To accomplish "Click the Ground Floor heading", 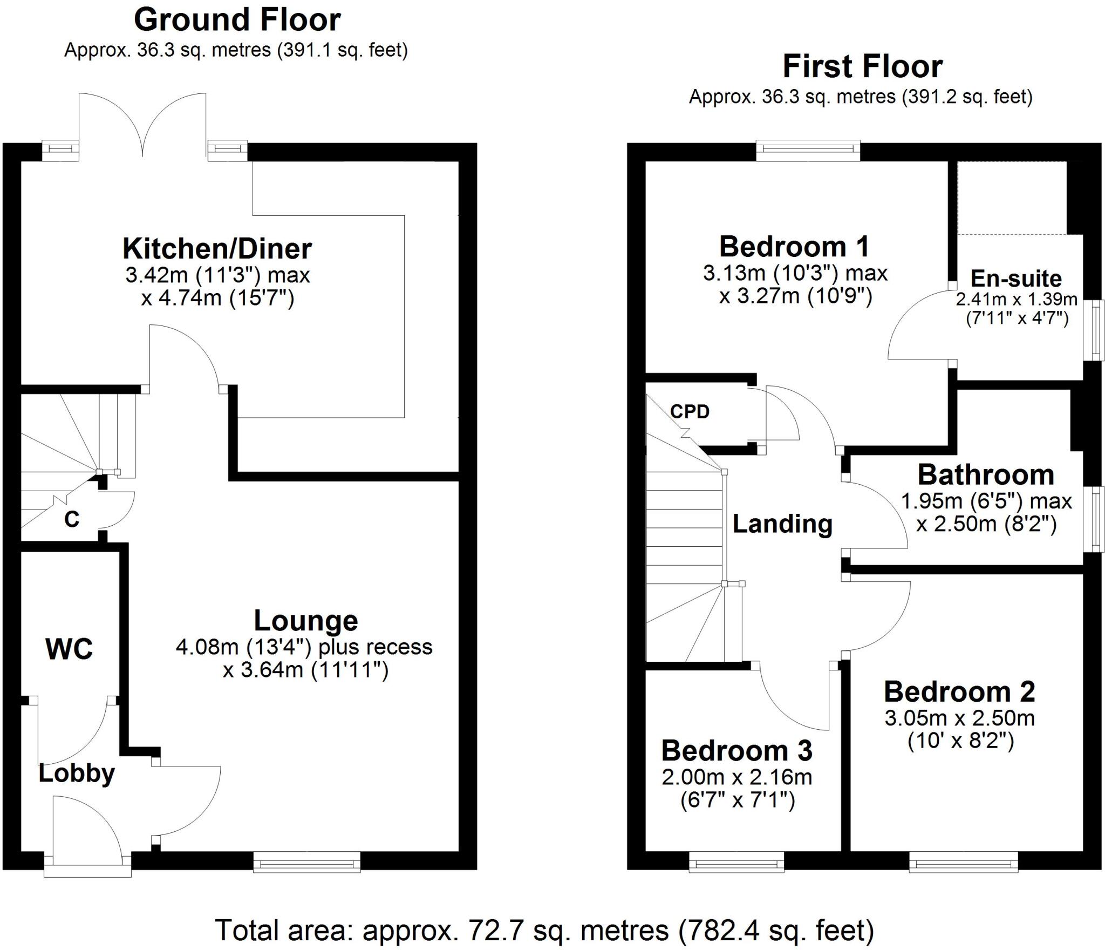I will click(x=237, y=21).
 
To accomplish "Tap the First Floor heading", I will click(x=862, y=67).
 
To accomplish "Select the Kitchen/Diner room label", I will click(x=217, y=249).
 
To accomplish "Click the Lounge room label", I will click(x=305, y=621).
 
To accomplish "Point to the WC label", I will click(x=69, y=649).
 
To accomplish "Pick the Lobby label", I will click(x=77, y=773).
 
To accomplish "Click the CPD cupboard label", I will click(x=690, y=412).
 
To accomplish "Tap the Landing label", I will click(x=782, y=524).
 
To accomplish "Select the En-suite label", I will click(x=1016, y=279).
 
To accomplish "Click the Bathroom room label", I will click(x=986, y=475).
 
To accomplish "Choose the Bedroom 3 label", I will click(x=736, y=751).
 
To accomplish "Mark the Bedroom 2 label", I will click(x=959, y=692).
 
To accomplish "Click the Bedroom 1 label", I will click(x=794, y=247).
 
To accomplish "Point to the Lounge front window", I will click(x=306, y=861).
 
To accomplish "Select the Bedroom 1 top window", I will click(x=808, y=151).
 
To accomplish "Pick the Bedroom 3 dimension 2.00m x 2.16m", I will click(x=736, y=777).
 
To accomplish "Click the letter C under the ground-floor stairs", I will click(x=71, y=519).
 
